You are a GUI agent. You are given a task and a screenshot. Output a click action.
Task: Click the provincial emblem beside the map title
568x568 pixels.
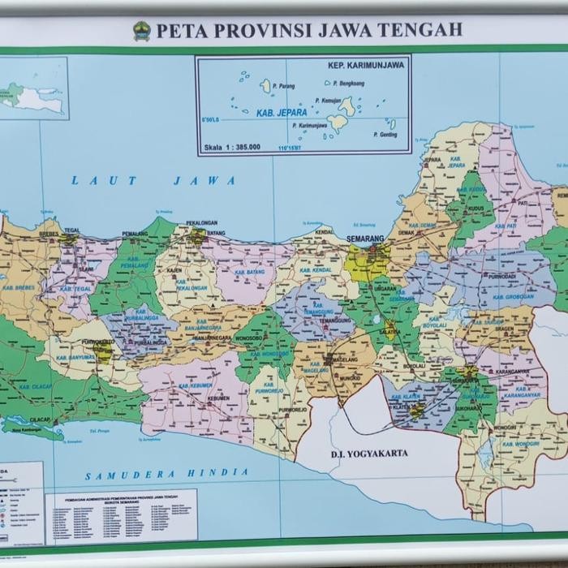click(x=142, y=31)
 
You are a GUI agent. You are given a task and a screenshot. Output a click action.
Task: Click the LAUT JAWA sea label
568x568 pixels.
click(x=153, y=180)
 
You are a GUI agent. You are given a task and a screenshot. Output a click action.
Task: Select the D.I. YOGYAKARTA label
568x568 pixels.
click(x=369, y=454)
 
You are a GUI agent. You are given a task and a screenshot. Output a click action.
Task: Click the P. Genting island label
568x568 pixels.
click(x=385, y=135)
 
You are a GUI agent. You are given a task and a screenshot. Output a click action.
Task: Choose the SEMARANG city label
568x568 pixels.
click(x=364, y=239)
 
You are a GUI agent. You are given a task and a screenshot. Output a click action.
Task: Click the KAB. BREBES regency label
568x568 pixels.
click(x=19, y=287)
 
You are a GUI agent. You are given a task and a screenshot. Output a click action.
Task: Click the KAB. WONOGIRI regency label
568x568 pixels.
click(x=520, y=444)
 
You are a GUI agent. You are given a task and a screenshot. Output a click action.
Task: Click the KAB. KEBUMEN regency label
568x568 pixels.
click(x=195, y=385)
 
